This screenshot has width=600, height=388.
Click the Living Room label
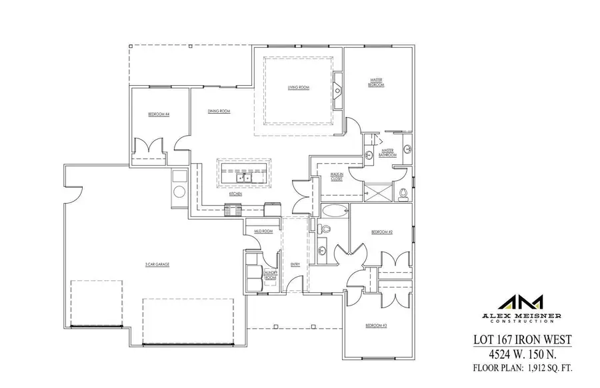click(x=299, y=87)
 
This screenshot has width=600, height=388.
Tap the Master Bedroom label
click(x=377, y=82)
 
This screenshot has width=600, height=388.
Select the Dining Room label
click(x=219, y=111)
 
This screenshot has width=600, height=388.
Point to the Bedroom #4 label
click(x=159, y=114)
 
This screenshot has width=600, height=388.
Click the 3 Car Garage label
click(x=157, y=264)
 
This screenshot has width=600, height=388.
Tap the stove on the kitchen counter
click(x=233, y=210)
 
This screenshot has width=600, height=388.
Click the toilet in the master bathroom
click(x=404, y=194)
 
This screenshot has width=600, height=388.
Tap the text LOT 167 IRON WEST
click(x=522, y=339)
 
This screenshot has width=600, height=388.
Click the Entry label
click(x=295, y=264)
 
